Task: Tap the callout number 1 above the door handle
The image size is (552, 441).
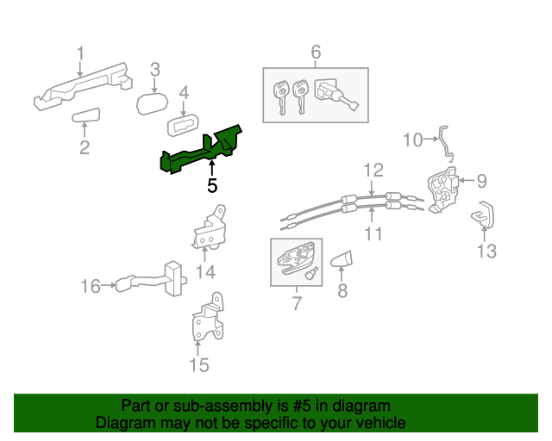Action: pos(80,55)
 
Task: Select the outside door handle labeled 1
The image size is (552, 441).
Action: pos(82,87)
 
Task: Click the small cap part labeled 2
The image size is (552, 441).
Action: pos(86,117)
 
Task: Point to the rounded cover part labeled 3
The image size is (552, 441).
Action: pos(154,103)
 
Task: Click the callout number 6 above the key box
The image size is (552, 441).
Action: pos(316,53)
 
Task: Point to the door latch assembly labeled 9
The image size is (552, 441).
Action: pos(443,189)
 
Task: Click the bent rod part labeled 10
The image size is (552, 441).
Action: pos(446,143)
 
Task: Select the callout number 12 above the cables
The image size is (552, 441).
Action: pos(372,169)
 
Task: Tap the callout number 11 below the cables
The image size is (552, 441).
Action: pos(372,233)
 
